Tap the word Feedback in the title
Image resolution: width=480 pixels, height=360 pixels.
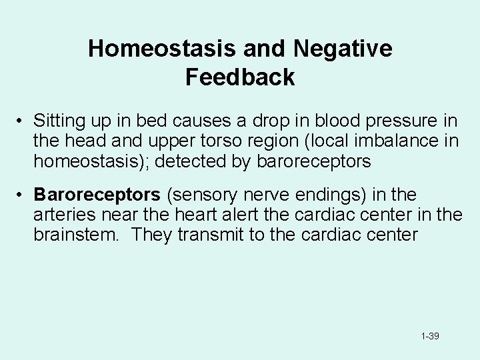pos(240,77)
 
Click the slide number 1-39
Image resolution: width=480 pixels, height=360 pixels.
pos(430,337)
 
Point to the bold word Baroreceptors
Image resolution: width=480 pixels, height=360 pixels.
pos(97,195)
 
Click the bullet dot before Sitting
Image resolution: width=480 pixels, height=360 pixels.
pos(21,121)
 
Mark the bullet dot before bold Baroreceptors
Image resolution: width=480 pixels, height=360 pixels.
pos(21,195)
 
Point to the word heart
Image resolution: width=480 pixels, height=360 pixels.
pos(201,215)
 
